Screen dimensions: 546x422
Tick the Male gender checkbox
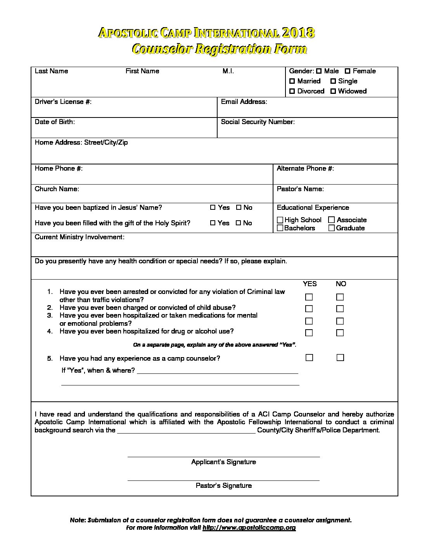[x=319, y=71]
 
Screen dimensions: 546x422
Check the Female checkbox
[x=348, y=71]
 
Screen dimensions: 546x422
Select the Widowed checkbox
[x=333, y=92]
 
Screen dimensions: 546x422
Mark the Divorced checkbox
[x=292, y=92]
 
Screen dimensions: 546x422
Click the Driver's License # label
[x=63, y=102]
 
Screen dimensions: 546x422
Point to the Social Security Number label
[x=258, y=122]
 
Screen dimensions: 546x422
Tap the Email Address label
[x=244, y=102]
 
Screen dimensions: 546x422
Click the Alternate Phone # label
[x=305, y=168]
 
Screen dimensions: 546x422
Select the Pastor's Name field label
[x=300, y=189]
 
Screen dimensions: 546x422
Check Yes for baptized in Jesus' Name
[x=213, y=207]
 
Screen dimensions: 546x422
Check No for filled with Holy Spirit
[x=239, y=223]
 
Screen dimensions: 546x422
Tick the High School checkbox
[x=280, y=220]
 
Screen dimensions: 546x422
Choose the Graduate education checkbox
[x=331, y=228]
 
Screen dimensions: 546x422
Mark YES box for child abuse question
[x=309, y=309]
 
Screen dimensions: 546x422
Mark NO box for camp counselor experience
[x=340, y=358]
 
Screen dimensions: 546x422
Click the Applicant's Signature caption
[x=223, y=462]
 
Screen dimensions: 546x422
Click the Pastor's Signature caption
[x=223, y=486]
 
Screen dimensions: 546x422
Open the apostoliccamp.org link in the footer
[x=249, y=528]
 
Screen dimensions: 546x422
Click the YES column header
[x=310, y=284]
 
